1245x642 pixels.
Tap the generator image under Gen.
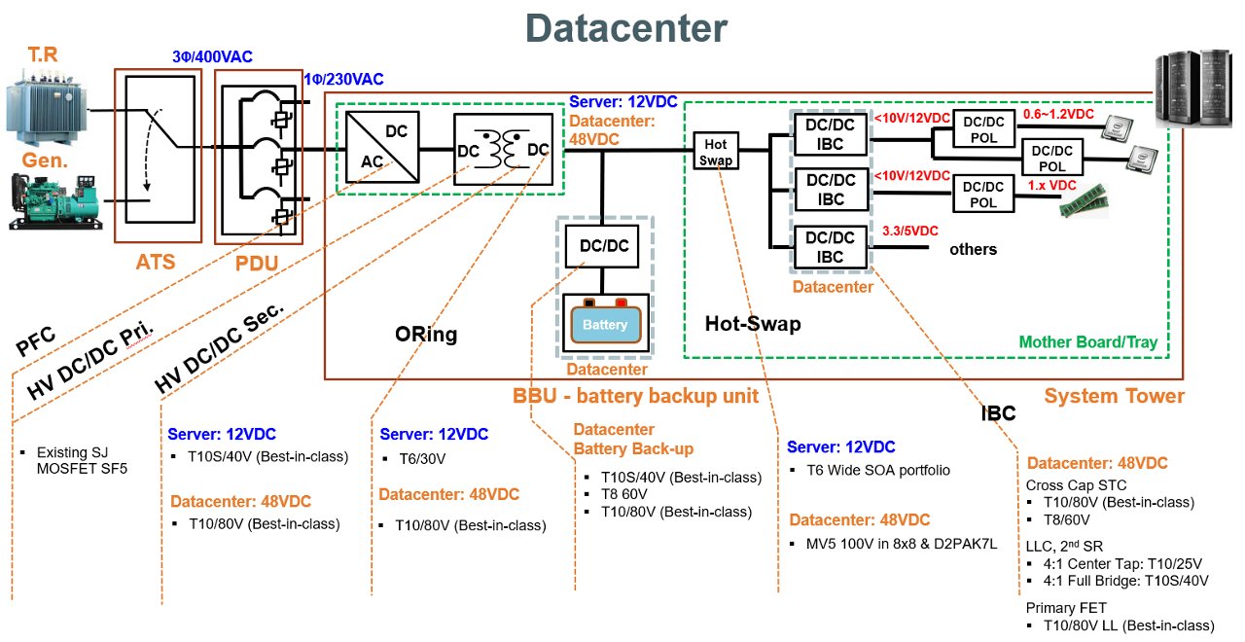53,200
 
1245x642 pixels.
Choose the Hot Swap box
715,151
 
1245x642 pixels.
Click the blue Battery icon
606,324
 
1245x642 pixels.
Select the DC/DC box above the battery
603,246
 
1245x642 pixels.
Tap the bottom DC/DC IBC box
830,247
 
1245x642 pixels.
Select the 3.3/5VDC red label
909,232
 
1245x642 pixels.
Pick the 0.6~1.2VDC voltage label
1058,114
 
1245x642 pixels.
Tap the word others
973,249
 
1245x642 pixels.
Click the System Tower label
1114,396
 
